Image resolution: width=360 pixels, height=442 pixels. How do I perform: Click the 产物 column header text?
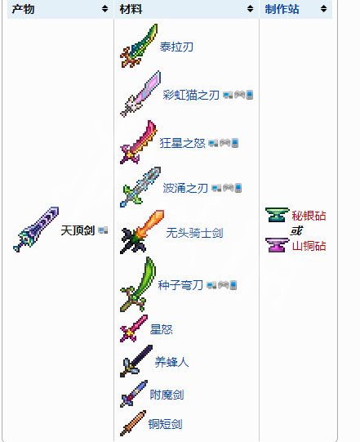(23, 9)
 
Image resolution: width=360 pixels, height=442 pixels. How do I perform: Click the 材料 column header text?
(131, 9)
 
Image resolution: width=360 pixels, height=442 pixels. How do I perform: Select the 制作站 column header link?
(282, 9)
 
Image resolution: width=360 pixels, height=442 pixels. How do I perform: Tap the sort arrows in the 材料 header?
(250, 9)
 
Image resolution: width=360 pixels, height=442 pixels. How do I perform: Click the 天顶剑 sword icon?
(36, 230)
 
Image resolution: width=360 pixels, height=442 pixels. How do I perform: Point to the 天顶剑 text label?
(78, 230)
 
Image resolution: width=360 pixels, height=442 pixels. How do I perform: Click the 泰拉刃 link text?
(176, 47)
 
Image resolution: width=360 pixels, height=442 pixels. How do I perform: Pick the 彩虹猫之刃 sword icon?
(140, 94)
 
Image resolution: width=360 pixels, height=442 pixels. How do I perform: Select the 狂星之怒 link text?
(182, 143)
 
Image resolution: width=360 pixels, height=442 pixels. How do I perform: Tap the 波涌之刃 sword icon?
(140, 187)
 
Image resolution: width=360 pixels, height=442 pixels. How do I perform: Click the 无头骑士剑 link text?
(194, 233)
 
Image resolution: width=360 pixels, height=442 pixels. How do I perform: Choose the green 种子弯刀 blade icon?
(138, 284)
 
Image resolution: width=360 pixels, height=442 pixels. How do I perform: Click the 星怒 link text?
(161, 329)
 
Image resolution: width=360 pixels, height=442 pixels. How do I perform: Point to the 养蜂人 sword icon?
(136, 361)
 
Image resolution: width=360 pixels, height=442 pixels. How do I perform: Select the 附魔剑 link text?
(167, 395)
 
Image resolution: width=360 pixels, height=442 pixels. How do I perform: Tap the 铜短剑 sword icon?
(133, 423)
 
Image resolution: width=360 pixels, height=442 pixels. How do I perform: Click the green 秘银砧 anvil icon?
(278, 215)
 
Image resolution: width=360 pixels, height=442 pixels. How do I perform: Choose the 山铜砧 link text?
(309, 246)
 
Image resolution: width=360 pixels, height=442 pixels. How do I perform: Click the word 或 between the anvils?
(296, 230)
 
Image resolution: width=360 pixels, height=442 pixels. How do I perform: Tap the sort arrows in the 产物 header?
(104, 9)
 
